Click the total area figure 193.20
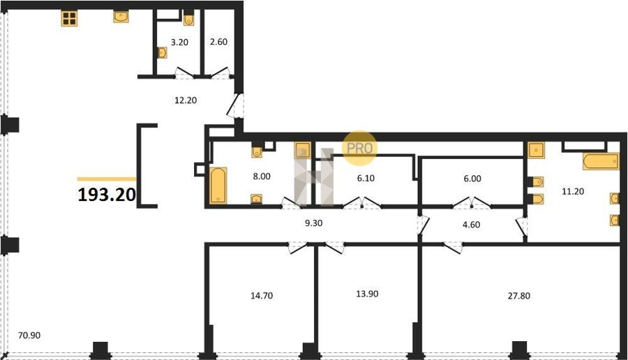click(107, 195)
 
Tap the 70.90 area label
click(29, 335)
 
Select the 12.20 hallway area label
click(186, 100)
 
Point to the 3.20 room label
click(179, 42)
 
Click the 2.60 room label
click(218, 42)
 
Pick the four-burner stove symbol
click(69, 18)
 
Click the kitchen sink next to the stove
click(121, 17)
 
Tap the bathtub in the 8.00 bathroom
click(218, 185)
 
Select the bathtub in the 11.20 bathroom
click(601, 161)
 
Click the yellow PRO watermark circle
click(359, 148)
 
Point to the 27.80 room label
click(518, 296)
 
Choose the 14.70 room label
click(262, 296)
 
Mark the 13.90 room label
click(367, 294)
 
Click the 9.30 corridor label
click(313, 223)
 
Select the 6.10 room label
click(366, 179)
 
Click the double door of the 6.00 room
click(472, 202)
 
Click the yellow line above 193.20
click(107, 179)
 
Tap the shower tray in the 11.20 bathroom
click(536, 150)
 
